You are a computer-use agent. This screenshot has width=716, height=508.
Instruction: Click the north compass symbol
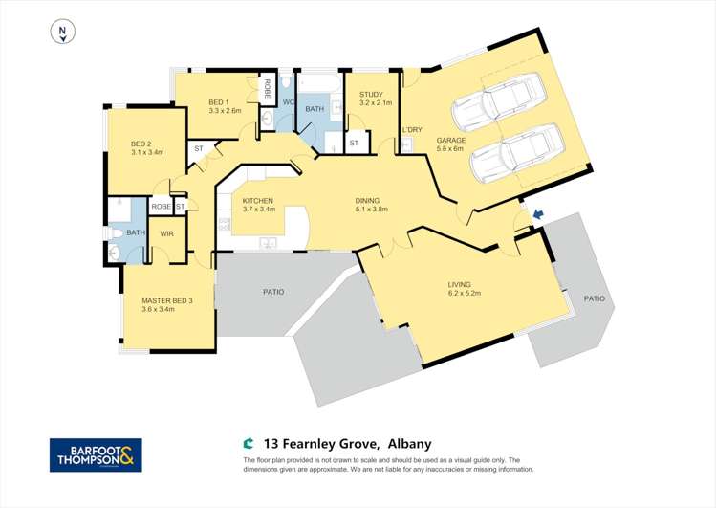coord(62,33)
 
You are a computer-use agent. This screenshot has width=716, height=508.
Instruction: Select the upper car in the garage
coord(496,104)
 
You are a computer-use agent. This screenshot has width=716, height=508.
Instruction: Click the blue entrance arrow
coord(537,215)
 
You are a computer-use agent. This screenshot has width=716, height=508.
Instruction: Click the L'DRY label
coord(412,129)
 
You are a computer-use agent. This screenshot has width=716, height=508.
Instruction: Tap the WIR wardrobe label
coord(166,233)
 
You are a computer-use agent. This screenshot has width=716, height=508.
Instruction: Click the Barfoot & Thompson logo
coord(96,455)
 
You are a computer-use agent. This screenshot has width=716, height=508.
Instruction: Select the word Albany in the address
coord(409,444)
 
